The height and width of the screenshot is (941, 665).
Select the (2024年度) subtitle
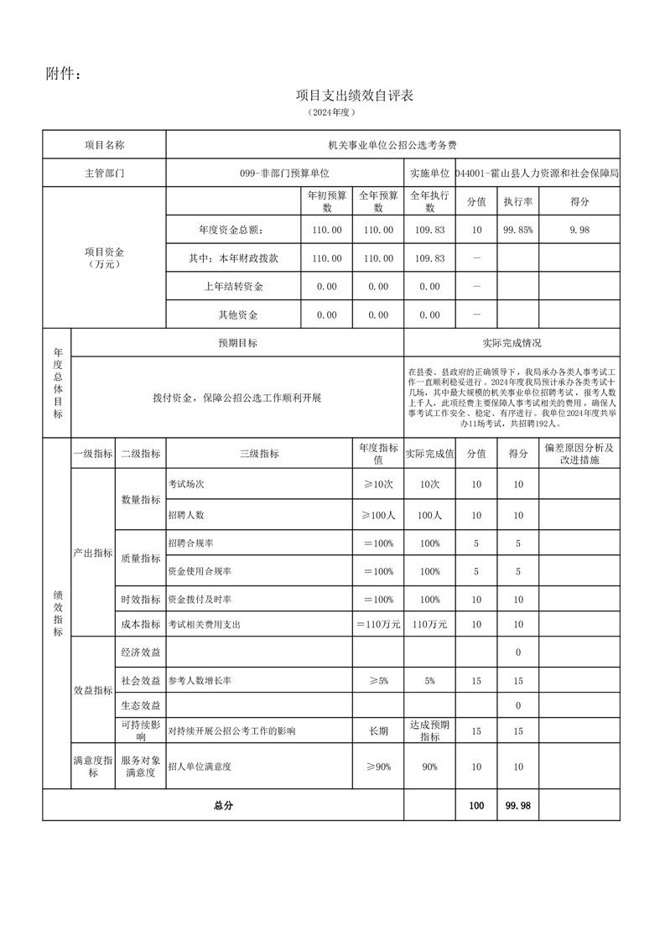click(332, 112)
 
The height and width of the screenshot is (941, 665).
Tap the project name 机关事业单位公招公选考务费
click(393, 145)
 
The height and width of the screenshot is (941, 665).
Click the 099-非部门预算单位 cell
click(285, 173)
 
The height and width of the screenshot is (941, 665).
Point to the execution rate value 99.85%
click(517, 230)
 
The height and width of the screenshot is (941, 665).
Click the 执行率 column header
click(517, 202)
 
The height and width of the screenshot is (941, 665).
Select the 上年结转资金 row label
click(233, 287)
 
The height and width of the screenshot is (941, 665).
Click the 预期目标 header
click(237, 343)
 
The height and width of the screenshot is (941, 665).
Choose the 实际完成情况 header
click(512, 343)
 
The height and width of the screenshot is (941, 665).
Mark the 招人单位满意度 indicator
click(200, 767)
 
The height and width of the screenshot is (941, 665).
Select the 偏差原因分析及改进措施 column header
click(579, 454)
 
